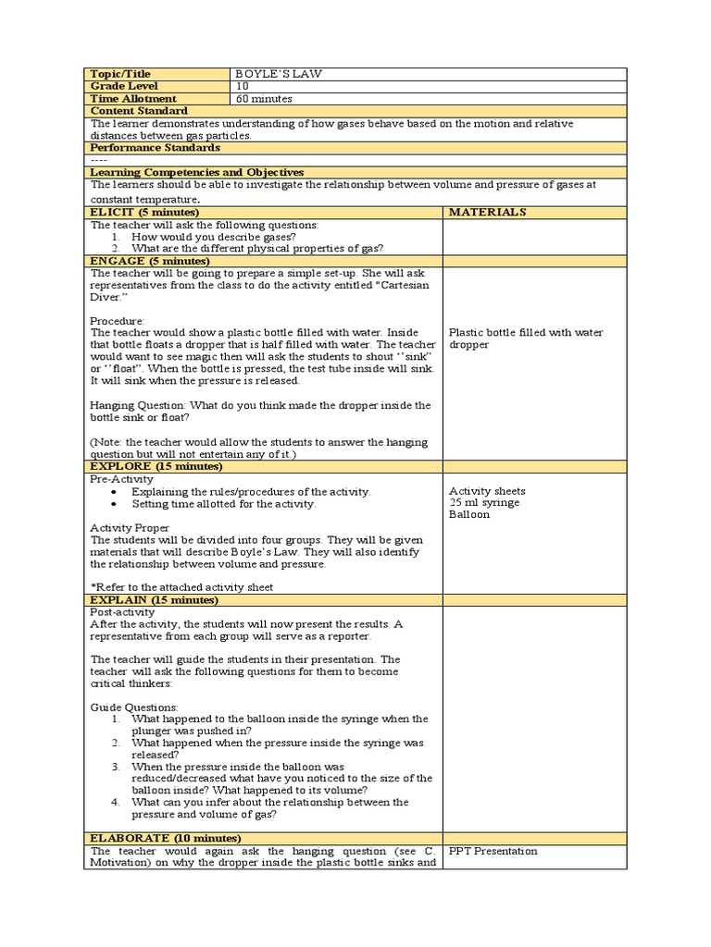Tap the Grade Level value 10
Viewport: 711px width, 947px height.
[x=242, y=86]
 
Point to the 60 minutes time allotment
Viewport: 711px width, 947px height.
[x=265, y=98]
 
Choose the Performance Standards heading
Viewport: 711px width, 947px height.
[x=155, y=147]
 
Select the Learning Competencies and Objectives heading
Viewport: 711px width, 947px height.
[x=196, y=172]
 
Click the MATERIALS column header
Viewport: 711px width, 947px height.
[x=487, y=212]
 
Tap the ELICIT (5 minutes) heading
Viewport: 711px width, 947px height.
[x=143, y=212]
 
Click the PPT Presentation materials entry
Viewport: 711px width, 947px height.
[x=493, y=851]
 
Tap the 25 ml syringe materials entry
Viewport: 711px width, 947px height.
[x=484, y=503]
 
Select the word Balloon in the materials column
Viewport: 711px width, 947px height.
[x=469, y=515]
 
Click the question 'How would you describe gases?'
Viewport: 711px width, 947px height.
[x=214, y=236]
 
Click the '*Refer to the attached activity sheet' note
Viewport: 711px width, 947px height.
[x=181, y=587]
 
